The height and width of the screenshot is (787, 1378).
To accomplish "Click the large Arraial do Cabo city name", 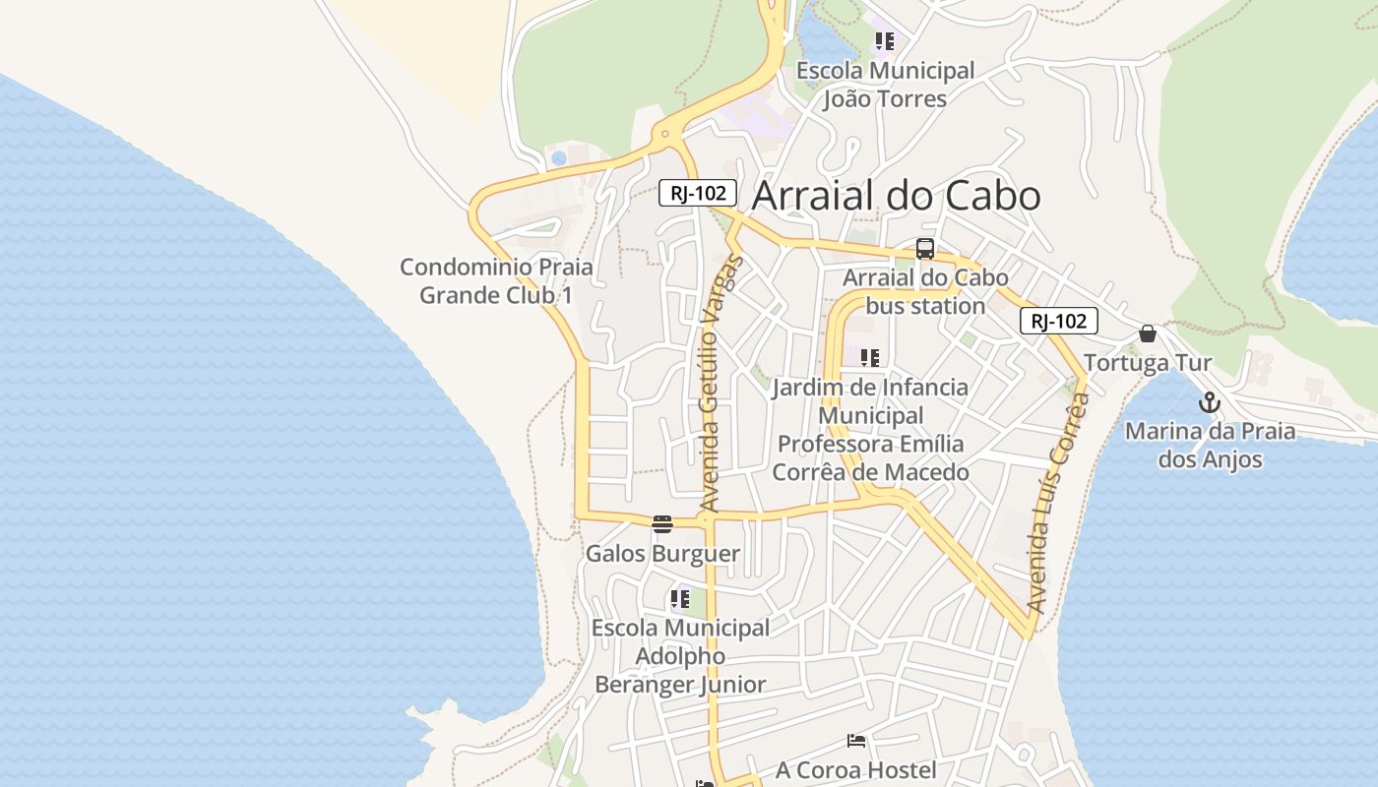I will point(896,196).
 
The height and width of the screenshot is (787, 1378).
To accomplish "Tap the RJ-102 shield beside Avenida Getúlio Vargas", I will point(697,193).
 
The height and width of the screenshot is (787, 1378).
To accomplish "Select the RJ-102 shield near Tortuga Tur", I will point(1058,321).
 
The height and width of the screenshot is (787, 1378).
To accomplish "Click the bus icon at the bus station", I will point(925,249).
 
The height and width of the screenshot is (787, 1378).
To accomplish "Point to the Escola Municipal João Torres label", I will point(885,85).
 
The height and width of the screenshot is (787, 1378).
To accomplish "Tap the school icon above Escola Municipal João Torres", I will point(885,41).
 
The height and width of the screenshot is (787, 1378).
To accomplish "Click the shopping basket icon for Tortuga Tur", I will point(1147,334).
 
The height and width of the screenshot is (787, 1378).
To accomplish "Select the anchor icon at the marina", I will point(1209,402).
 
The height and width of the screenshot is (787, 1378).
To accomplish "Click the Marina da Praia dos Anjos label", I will point(1210,445).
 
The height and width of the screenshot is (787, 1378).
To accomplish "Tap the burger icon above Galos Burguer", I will point(662,523).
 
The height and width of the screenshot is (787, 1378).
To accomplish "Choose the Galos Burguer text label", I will point(662,553).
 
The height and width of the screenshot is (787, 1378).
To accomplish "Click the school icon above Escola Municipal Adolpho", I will point(679,598).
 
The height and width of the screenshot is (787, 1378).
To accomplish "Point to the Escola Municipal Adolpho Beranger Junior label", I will point(680,655).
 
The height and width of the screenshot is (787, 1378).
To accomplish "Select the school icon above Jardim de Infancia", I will point(869,358).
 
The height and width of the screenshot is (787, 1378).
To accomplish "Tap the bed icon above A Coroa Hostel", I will point(856,740).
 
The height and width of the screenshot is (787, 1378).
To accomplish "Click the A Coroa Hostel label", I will point(855,769).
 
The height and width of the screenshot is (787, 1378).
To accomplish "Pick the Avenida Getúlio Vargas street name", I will point(718,384).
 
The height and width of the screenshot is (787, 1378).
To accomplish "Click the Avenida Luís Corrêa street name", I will point(1057,502).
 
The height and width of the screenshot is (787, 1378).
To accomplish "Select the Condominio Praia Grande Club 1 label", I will point(496,280).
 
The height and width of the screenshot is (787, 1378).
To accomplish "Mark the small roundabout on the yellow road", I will point(666,134).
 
